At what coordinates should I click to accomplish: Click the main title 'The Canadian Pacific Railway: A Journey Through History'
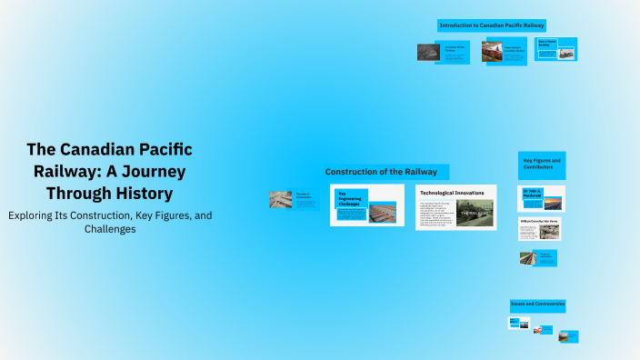coord(109,172)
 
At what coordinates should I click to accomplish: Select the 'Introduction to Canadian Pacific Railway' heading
coord(492,25)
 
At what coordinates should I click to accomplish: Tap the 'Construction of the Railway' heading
coord(381,172)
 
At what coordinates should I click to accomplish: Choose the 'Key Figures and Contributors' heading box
coord(542,165)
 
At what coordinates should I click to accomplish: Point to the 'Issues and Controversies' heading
coord(537,304)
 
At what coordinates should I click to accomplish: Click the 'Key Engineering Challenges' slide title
coord(351,200)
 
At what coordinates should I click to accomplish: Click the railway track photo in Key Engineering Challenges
coord(382,213)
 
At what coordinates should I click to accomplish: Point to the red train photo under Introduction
coord(492,52)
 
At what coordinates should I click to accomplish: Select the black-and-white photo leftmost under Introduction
coord(427,52)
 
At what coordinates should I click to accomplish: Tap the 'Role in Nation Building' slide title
coord(548,43)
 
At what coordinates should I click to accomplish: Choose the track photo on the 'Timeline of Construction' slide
coord(280,199)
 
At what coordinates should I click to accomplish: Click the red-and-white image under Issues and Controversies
coord(537,329)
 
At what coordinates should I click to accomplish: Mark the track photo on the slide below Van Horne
coord(526,258)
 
